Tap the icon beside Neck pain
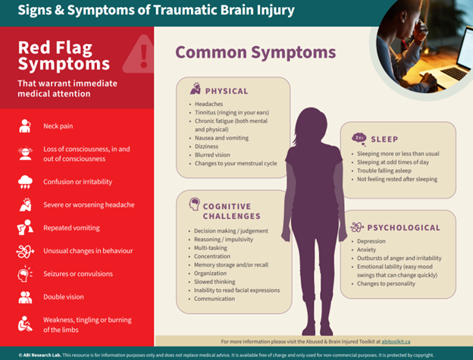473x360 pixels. (25, 126)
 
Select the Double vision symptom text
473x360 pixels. (64, 296)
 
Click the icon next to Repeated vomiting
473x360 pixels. (25, 227)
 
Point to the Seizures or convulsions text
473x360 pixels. (78, 274)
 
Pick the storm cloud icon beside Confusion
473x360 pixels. (25, 182)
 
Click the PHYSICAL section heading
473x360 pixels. (227, 91)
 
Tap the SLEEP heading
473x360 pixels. (384, 139)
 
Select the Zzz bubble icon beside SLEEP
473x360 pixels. (359, 139)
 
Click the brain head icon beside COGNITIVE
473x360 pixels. (195, 204)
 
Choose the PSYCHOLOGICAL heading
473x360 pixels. (403, 227)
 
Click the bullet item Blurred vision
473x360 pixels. (212, 155)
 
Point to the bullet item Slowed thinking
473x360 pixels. (215, 282)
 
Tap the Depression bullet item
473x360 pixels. (371, 241)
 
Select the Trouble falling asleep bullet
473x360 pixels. (384, 171)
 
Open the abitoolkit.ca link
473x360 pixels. (396, 342)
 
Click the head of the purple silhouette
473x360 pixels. (312, 124)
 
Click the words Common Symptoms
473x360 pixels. (255, 53)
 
